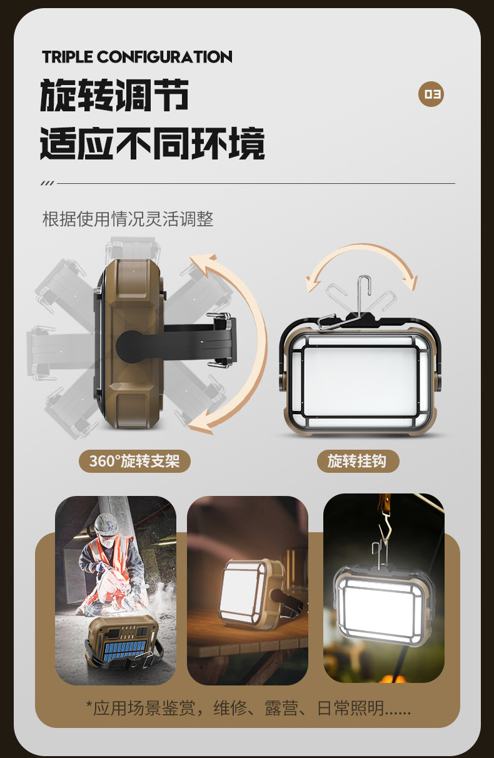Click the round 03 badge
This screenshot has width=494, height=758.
click(x=431, y=94)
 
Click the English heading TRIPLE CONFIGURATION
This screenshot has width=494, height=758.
click(x=137, y=58)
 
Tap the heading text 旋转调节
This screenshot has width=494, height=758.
click(x=114, y=96)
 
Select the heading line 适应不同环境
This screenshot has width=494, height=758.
click(x=152, y=143)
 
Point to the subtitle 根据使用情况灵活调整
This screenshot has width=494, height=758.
click(x=128, y=219)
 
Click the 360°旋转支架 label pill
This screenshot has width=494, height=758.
click(x=134, y=462)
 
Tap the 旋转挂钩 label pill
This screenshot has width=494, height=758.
click(x=357, y=462)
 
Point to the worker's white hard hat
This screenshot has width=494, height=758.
click(x=107, y=523)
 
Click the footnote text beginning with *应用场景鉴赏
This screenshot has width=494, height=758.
click(x=248, y=708)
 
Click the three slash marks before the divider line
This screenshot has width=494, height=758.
click(x=47, y=183)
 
